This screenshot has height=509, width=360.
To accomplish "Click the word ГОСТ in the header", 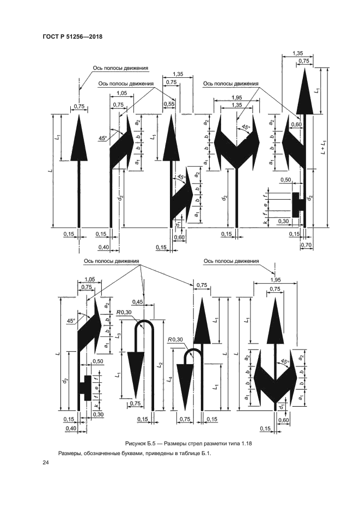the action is tap(50, 36).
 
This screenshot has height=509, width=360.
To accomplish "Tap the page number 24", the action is tap(46, 464).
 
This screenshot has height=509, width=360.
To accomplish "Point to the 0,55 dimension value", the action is tap(169, 103).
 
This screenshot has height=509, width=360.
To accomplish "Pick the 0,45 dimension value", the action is tap(137, 302).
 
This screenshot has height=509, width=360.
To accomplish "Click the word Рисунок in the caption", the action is tap(134, 443).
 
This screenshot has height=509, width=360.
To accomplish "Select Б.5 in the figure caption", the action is tap(149, 443).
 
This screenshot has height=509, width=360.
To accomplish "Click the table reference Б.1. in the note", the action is tap(206, 453).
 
